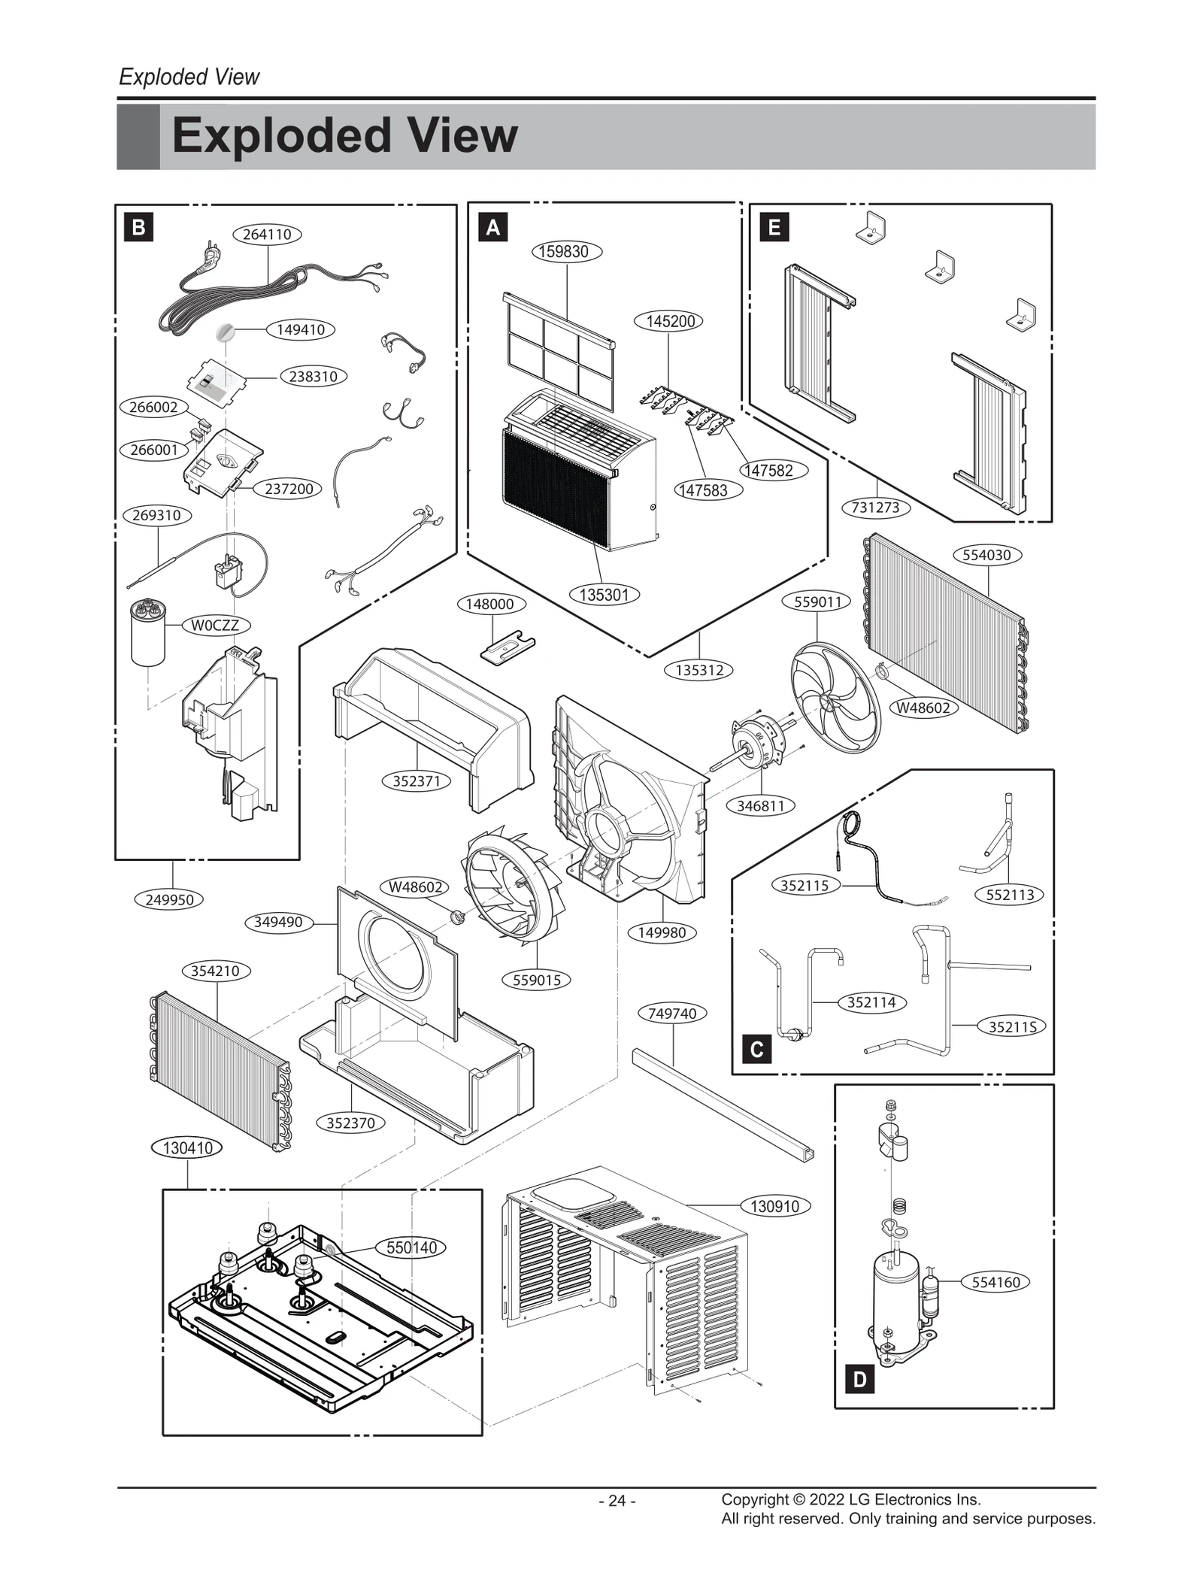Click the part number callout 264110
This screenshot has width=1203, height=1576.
pyautogui.click(x=267, y=235)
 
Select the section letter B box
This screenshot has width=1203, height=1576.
pyautogui.click(x=138, y=227)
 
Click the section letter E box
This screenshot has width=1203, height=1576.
pyautogui.click(x=774, y=227)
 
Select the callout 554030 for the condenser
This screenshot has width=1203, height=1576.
pyautogui.click(x=986, y=556)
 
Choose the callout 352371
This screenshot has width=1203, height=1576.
pyautogui.click(x=417, y=781)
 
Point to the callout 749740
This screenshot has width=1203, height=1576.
pyautogui.click(x=672, y=1014)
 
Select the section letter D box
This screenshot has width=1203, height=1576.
pyautogui.click(x=859, y=1379)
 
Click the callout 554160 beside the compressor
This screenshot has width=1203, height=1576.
pyautogui.click(x=995, y=1282)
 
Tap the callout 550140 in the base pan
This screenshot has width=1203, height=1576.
pyautogui.click(x=411, y=1248)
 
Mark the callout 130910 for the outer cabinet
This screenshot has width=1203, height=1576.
pyautogui.click(x=775, y=1207)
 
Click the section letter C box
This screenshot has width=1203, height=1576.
pyautogui.click(x=757, y=1049)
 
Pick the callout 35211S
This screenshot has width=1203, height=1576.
pyautogui.click(x=1012, y=1027)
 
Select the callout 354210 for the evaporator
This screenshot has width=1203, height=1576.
pyautogui.click(x=215, y=971)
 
